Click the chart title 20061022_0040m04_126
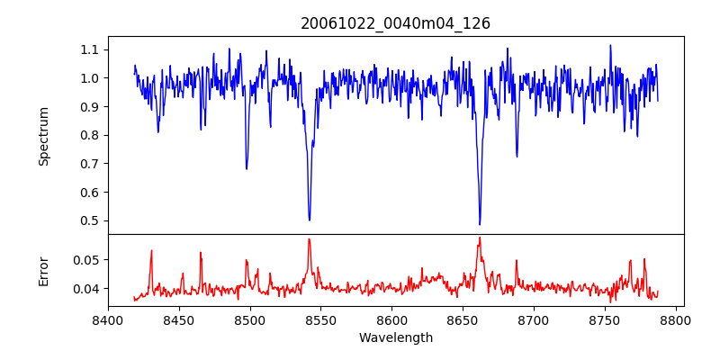395,23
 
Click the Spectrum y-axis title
43,136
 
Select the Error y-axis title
43,271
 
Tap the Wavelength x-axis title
395,338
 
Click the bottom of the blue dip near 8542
310,220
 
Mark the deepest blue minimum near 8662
480,224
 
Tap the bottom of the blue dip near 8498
247,168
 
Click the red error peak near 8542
309,239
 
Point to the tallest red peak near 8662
480,238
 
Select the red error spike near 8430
151,251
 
